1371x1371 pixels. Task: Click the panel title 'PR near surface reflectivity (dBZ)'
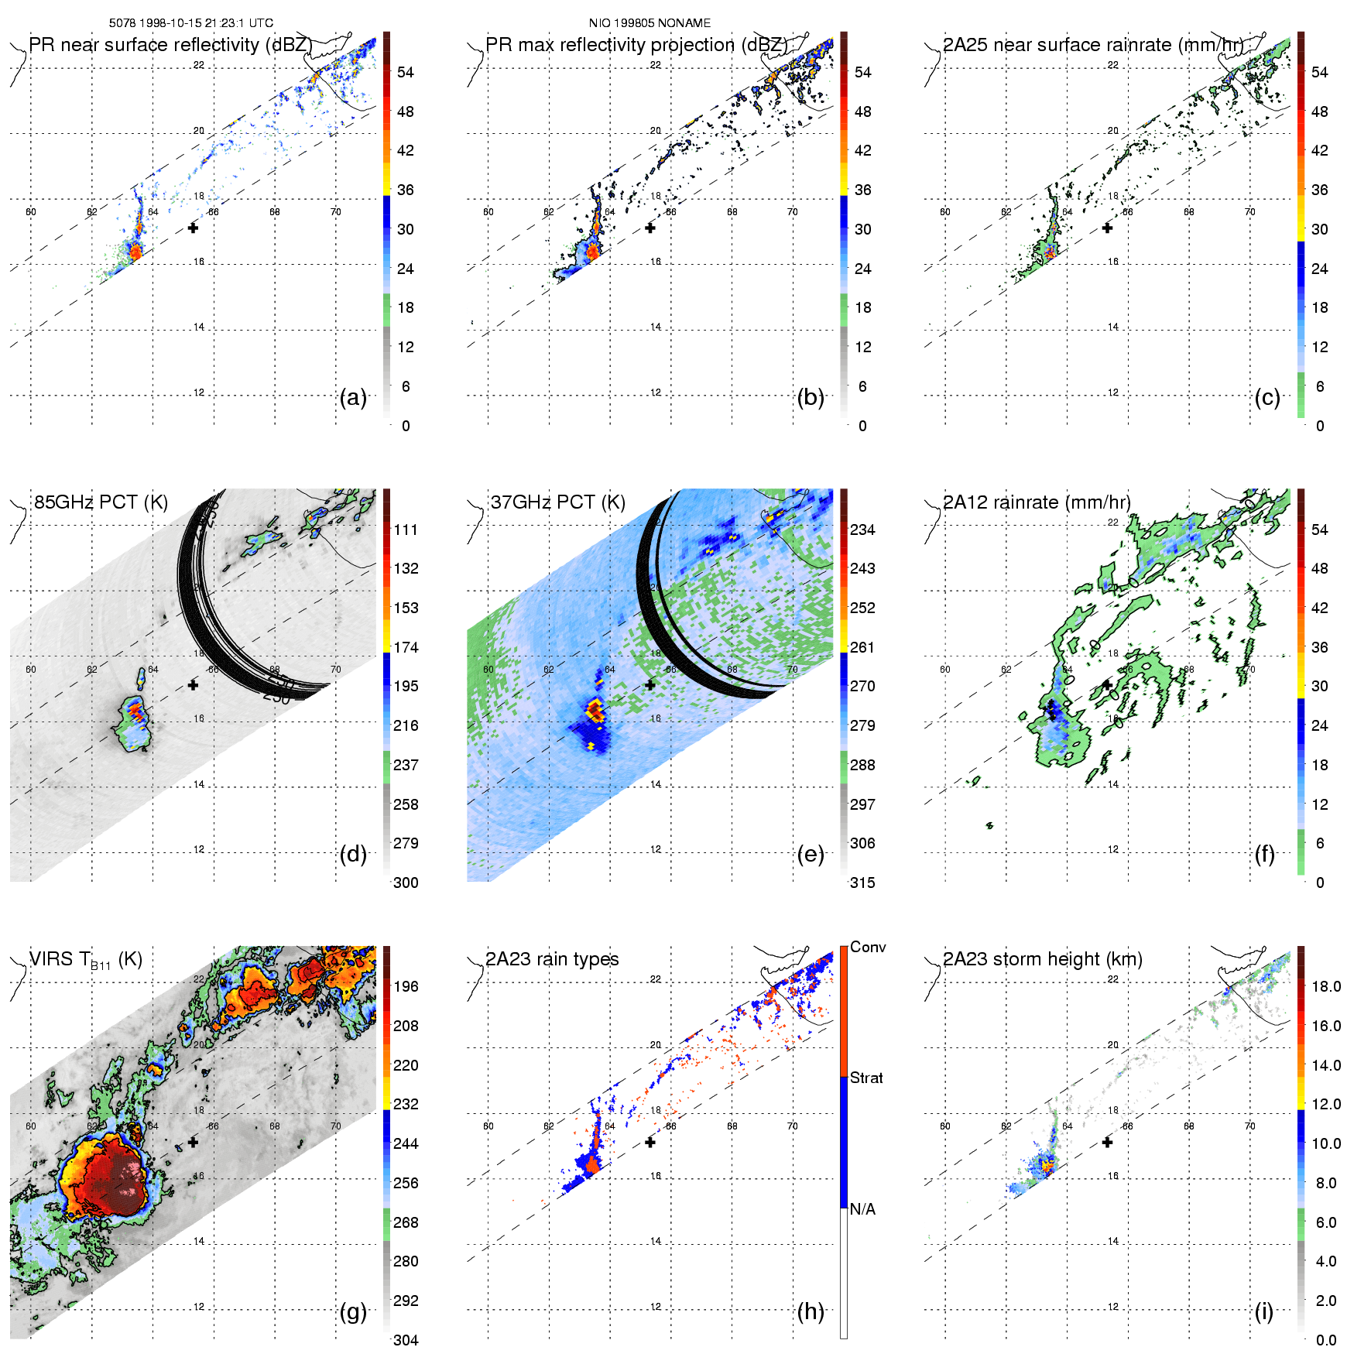[x=170, y=45]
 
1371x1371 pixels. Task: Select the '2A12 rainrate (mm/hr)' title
[x=1037, y=502]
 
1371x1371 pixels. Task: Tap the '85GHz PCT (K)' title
[x=101, y=502]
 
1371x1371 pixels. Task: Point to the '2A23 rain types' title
[x=552, y=959]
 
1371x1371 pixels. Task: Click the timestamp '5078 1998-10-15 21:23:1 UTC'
[x=191, y=23]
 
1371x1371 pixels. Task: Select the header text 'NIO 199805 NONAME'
[x=650, y=23]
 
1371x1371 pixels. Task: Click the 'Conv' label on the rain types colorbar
[x=868, y=947]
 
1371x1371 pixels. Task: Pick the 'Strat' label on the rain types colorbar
[x=866, y=1078]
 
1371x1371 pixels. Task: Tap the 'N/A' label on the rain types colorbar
[x=862, y=1209]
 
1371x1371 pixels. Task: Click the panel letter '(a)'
[x=353, y=397]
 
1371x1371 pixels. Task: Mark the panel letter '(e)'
[x=811, y=854]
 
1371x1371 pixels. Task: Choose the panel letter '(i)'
[x=1264, y=1311]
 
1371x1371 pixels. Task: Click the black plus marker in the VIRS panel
[x=193, y=1142]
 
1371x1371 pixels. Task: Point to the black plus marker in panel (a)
[x=193, y=228]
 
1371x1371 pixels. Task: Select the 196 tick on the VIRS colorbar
[x=406, y=986]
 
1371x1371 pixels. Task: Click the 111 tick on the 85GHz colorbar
[x=406, y=530]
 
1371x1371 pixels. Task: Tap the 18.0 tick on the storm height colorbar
[x=1326, y=986]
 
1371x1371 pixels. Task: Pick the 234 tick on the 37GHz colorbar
[x=862, y=530]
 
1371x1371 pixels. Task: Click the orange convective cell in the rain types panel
[x=592, y=1164]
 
